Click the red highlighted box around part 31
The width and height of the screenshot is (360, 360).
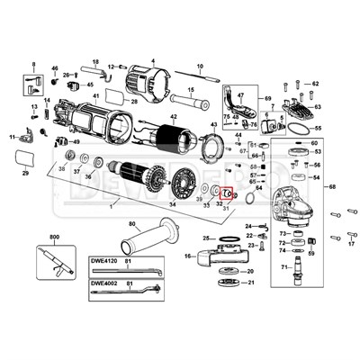point(228,193)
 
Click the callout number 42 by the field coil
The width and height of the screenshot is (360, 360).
point(174,117)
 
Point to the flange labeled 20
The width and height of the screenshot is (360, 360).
point(227,271)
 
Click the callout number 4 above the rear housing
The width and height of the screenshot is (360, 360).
point(152,59)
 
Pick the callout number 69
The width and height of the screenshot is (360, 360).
point(266,97)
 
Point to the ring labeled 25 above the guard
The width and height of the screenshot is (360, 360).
point(228,238)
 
